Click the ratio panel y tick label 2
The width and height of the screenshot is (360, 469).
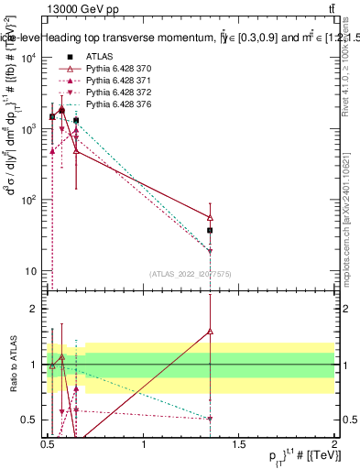35,309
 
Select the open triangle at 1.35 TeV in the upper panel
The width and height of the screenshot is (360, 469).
211,217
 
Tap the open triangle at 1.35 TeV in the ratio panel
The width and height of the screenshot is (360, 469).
211,331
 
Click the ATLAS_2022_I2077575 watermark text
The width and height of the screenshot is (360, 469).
190,274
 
